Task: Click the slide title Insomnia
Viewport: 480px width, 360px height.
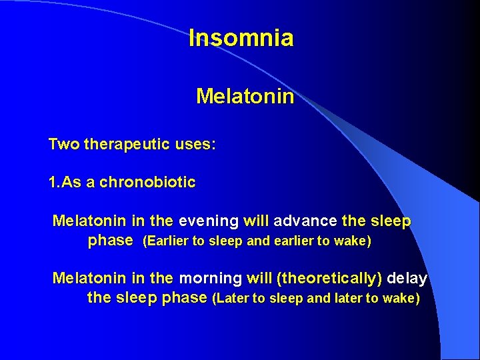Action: pos(241,38)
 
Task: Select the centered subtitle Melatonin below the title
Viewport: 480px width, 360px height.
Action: pos(245,97)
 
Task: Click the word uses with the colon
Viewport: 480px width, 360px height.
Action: pos(195,145)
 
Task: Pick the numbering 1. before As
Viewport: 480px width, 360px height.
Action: pos(54,183)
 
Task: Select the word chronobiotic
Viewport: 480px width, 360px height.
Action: pos(147,183)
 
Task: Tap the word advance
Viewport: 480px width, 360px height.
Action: pos(305,221)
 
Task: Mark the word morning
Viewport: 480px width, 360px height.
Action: pos(209,277)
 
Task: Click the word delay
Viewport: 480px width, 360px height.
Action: pos(407,277)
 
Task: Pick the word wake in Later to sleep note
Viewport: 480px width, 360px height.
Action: pos(400,298)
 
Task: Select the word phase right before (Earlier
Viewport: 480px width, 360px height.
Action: pos(111,241)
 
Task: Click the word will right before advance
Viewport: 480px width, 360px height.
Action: pos(256,221)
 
